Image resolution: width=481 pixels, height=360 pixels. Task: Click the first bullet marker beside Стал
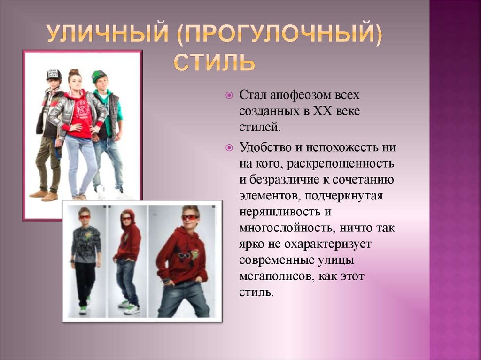pos(229,95)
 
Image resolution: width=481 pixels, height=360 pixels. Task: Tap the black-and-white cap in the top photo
pos(54,74)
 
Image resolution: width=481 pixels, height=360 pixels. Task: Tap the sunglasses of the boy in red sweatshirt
pos(189,218)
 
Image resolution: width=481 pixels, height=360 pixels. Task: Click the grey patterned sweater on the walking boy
pos(86,244)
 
